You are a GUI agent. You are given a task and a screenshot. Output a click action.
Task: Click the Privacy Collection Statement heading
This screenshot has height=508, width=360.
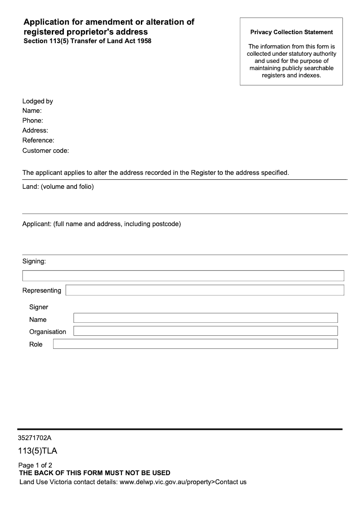291,32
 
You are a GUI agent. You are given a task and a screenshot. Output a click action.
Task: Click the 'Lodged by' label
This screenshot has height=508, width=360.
38,101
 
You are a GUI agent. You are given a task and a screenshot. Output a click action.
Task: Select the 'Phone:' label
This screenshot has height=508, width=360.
33,120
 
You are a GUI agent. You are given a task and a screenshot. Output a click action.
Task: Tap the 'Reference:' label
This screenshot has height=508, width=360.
38,140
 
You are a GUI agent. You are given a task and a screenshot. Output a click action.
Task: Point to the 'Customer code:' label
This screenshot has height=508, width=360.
45,151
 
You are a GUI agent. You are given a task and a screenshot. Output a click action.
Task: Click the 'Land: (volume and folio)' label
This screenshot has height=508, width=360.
58,187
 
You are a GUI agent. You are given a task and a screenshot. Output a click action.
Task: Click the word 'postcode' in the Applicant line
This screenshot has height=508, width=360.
165,223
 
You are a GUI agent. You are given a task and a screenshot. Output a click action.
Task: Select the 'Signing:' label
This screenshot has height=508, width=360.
34,261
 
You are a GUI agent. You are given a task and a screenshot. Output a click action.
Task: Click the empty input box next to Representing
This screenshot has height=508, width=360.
205,290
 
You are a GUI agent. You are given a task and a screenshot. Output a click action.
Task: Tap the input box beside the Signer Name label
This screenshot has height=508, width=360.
205,318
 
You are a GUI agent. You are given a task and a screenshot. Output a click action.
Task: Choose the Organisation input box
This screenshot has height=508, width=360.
205,331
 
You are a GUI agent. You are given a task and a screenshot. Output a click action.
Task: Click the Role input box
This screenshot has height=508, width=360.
195,344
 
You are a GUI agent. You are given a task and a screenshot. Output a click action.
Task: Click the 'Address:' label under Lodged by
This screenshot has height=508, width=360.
35,130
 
